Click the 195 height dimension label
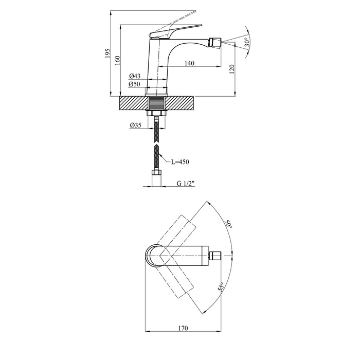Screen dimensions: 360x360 click(107, 53)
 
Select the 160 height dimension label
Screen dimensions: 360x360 click(117, 60)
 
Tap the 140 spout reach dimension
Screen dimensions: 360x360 click(189, 63)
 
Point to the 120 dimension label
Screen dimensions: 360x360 click(231, 69)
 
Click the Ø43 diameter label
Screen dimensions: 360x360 click(135, 76)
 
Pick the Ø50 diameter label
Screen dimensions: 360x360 click(134, 84)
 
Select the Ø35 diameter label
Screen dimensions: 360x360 click(135, 125)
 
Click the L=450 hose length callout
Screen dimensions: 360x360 click(180, 162)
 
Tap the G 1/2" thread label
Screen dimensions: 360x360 click(186, 183)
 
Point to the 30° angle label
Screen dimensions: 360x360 click(247, 42)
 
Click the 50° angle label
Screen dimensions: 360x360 click(228, 224)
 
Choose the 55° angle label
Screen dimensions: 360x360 click(221, 287)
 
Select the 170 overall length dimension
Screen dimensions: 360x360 click(183, 328)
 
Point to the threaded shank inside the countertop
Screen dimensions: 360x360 click(156, 103)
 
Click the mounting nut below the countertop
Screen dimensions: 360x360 click(156, 113)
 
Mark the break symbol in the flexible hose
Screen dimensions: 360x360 click(156, 144)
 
